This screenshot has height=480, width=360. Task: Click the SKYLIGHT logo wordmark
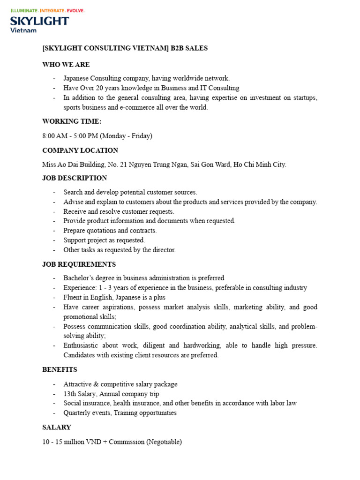tap(39, 21)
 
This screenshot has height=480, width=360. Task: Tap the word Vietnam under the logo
tap(23, 30)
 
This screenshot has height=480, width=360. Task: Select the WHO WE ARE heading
tap(66, 64)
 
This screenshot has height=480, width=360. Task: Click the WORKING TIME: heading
tap(72, 121)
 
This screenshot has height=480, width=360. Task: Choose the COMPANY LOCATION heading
tap(80, 150)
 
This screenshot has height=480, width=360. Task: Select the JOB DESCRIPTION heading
tap(75, 178)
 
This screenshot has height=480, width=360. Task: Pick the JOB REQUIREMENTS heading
tap(79, 264)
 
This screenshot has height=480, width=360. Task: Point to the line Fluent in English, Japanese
tap(114, 297)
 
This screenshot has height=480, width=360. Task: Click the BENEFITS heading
tap(60, 370)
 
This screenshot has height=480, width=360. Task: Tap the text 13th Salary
tap(80, 394)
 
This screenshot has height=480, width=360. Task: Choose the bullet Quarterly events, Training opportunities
tap(120, 413)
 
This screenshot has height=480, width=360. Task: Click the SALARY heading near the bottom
tap(57, 427)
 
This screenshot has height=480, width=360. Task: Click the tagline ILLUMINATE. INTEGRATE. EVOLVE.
tap(47, 10)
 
